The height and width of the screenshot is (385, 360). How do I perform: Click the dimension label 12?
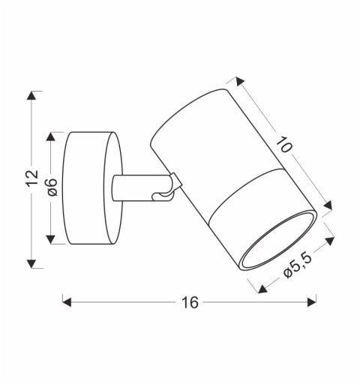pos(31,179)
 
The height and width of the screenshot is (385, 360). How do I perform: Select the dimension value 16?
pos(189,302)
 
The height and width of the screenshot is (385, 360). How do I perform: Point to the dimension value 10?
pos(283,146)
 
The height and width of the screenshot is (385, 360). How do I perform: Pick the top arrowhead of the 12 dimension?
pos(31,97)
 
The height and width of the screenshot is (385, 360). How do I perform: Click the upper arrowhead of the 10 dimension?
pos(239,80)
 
